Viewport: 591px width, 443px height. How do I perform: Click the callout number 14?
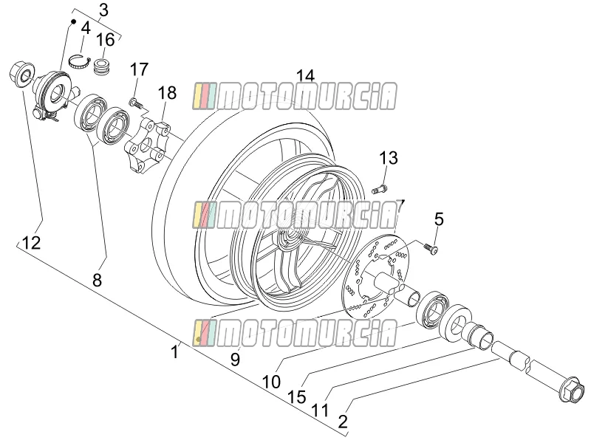(305, 76)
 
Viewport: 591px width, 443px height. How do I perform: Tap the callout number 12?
(31, 243)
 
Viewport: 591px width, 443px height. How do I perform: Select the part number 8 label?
(98, 280)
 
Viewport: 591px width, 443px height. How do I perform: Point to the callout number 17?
(140, 69)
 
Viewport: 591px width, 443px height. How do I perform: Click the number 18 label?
(167, 93)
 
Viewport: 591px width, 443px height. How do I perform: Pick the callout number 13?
(389, 158)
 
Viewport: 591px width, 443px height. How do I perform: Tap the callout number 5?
(439, 219)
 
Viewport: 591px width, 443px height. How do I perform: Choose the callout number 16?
(105, 40)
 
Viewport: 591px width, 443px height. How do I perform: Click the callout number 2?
(343, 422)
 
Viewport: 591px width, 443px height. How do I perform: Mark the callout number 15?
(297, 396)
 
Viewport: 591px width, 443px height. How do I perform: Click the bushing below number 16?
(100, 66)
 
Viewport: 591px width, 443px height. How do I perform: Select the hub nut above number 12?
(21, 75)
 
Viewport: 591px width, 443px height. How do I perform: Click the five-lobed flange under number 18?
(146, 145)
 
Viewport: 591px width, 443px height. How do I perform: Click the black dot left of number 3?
(74, 21)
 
